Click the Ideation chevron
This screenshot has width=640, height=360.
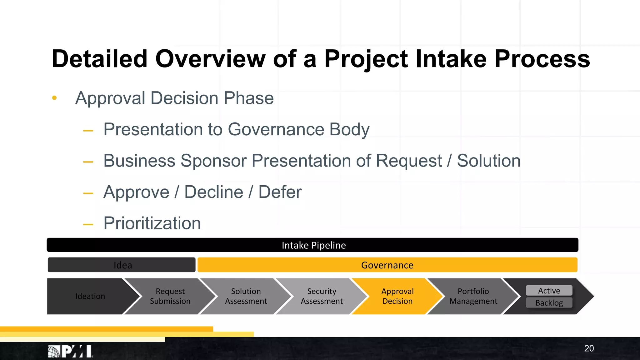[x=90, y=296]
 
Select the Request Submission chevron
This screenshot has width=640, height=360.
[x=170, y=296]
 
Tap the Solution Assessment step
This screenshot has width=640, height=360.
[x=246, y=296]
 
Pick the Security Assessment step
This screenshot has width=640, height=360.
[x=322, y=296]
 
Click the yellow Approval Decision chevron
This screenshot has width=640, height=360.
[x=397, y=296]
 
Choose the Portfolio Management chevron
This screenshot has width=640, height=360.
[x=473, y=296]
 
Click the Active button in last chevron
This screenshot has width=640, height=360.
[x=549, y=291]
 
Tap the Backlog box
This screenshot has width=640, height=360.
[x=549, y=303]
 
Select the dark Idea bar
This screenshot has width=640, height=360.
[x=122, y=265]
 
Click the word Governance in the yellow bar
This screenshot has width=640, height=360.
[x=387, y=265]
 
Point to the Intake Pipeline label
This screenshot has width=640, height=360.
[x=313, y=245]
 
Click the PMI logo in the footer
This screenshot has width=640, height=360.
[x=70, y=352]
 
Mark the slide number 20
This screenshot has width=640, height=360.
[x=589, y=348]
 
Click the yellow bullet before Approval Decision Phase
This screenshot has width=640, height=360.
[x=54, y=98]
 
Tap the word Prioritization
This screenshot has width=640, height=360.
[x=152, y=223]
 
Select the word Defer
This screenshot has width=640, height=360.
[x=280, y=192]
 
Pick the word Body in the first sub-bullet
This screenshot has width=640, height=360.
[x=349, y=129]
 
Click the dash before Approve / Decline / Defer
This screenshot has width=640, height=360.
[x=88, y=193]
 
